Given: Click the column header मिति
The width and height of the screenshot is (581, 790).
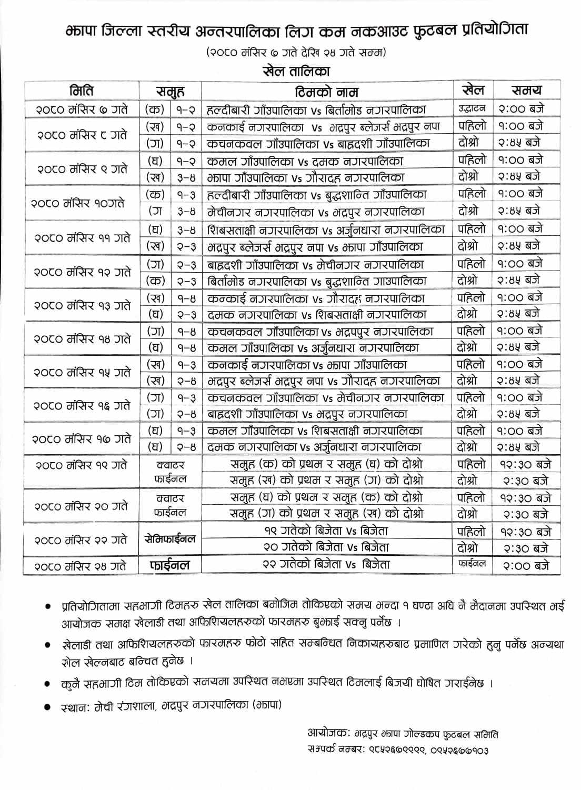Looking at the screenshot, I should (x=82, y=91).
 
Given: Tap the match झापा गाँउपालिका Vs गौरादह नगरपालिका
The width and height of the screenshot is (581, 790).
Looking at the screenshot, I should (x=306, y=177).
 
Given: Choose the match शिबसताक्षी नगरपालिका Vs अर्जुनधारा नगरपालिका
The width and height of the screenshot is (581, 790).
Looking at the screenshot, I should (x=326, y=229).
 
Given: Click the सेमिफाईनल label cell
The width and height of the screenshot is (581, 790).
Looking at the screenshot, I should (x=169, y=539).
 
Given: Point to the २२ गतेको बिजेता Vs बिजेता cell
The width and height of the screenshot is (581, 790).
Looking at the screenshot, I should (x=326, y=564).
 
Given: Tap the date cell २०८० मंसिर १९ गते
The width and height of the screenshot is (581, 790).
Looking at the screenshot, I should (x=82, y=465).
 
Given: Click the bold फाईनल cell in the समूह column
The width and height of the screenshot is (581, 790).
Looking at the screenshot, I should (x=169, y=566).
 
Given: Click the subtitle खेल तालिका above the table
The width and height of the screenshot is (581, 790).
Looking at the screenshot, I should (x=296, y=71).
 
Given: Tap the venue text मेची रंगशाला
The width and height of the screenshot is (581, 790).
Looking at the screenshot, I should (x=125, y=706).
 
